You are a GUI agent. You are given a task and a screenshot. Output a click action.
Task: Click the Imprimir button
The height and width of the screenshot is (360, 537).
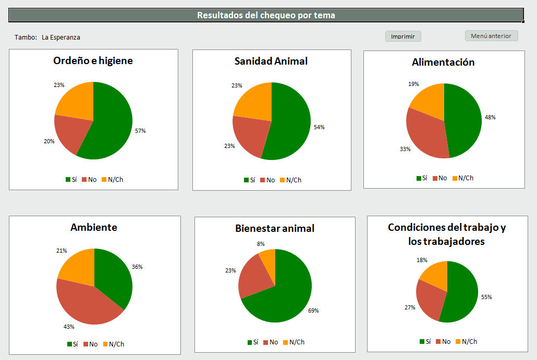[x=403, y=36]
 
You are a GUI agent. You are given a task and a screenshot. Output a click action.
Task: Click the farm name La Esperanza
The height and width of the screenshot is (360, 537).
[x=61, y=38]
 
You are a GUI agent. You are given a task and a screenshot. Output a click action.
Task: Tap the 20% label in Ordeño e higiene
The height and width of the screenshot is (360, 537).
[x=49, y=141]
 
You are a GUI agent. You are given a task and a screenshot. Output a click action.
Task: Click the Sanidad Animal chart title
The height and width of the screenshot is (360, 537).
[x=271, y=61]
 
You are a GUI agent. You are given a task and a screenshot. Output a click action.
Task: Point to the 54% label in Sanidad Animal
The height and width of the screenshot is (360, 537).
[x=319, y=127]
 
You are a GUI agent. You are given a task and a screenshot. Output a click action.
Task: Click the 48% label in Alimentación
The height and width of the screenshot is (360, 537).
[x=490, y=117]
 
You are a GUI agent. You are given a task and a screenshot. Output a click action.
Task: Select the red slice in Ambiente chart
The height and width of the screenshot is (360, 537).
[x=83, y=305]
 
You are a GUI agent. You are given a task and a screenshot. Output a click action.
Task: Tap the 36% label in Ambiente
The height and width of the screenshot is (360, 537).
[x=137, y=267]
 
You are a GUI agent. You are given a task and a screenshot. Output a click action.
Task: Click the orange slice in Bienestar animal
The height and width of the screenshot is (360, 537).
[x=268, y=256]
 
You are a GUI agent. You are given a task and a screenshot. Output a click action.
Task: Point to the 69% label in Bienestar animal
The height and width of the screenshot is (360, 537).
[x=313, y=311]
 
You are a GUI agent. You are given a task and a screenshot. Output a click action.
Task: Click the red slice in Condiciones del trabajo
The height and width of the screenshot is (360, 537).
[x=428, y=300]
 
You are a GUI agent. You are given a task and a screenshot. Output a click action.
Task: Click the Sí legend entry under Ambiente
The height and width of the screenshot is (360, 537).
[x=72, y=344]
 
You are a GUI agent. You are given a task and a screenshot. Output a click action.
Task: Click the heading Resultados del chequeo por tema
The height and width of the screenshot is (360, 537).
[x=266, y=15]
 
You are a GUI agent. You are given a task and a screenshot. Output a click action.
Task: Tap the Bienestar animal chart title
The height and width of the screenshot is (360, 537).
[x=275, y=228]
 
